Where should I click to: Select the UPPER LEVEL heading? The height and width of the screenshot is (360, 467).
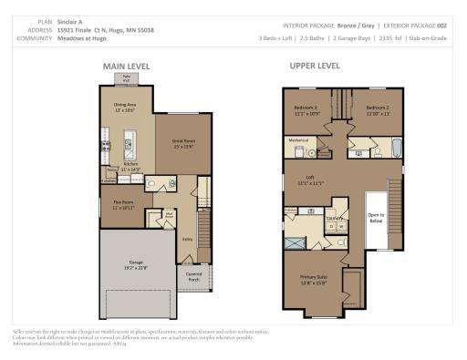tap(315, 66)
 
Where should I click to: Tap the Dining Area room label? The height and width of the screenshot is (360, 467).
tap(125, 107)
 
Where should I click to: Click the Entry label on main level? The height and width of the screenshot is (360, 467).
tap(186, 239)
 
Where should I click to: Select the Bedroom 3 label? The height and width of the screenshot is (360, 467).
tap(306, 110)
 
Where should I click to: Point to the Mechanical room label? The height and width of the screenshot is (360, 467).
tap(299, 140)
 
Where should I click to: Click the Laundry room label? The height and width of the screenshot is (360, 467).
tap(334, 219)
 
